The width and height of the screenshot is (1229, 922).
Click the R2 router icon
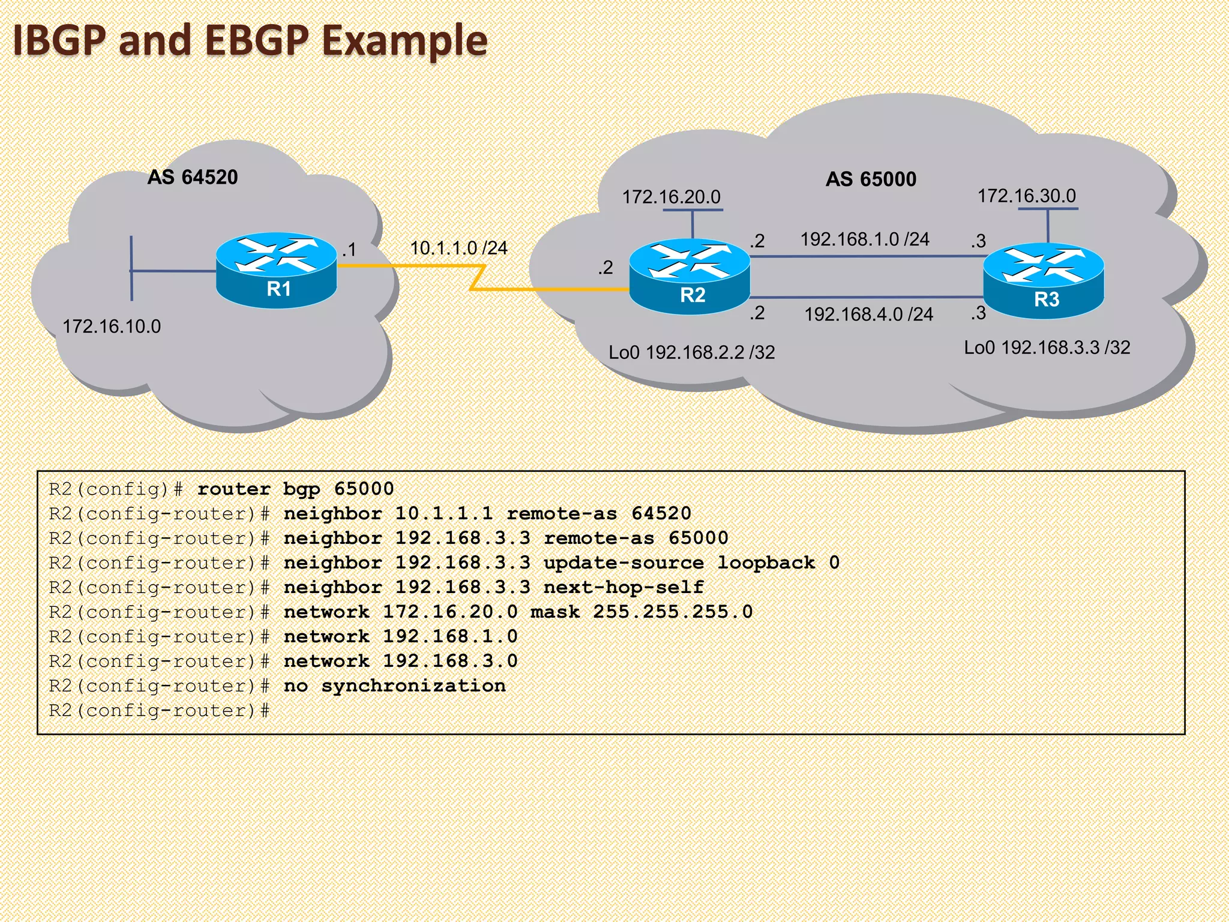(x=690, y=276)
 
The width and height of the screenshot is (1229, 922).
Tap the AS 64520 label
(x=193, y=177)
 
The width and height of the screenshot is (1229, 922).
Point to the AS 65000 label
(x=871, y=179)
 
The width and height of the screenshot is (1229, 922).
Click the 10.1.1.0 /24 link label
(x=458, y=248)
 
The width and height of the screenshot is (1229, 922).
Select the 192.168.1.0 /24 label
(x=865, y=239)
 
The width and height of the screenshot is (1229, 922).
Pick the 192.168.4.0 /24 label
(x=868, y=314)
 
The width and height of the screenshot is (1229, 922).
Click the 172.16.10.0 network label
(x=112, y=327)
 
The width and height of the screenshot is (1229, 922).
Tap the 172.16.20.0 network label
(x=671, y=197)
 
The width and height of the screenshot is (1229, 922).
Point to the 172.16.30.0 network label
(x=1026, y=196)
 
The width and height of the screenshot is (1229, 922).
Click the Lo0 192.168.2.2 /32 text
(x=691, y=352)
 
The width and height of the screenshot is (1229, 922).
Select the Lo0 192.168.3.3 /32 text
(x=1047, y=348)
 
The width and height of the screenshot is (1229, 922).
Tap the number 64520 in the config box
(x=661, y=514)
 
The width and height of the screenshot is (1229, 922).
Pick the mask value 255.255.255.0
(x=673, y=612)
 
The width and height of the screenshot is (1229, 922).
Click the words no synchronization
(x=394, y=685)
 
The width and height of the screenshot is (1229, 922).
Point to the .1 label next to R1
(x=349, y=250)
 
